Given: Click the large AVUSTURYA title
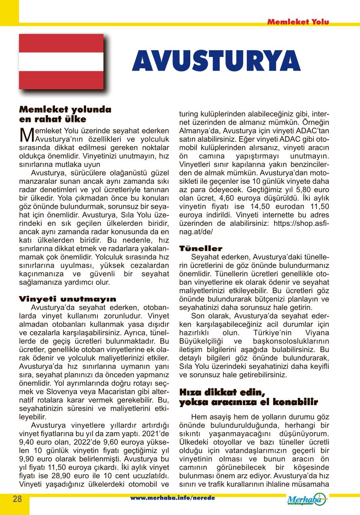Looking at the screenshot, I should (x=216, y=62).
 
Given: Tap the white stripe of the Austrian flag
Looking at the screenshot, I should (x=61, y=61).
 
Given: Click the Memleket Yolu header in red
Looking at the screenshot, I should (x=298, y=22).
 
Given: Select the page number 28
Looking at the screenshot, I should (x=17, y=499).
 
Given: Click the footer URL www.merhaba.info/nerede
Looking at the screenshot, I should (x=173, y=498).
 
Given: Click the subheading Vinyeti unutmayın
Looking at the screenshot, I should (x=67, y=299).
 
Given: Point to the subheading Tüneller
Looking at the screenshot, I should (x=200, y=248).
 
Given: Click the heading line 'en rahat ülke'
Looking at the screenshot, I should (x=53, y=119).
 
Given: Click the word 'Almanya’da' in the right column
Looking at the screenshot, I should (x=196, y=131).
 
